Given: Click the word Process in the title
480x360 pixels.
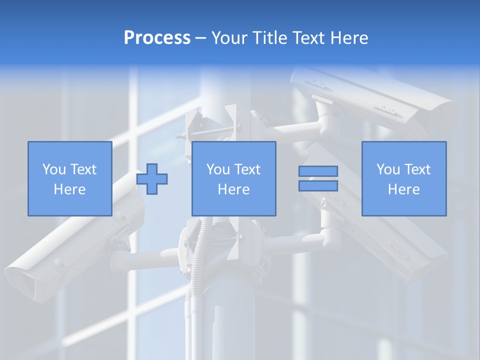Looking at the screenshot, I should tap(157, 37).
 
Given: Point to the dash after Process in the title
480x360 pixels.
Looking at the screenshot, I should tap(201, 38).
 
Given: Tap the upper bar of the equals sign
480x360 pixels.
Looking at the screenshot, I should tap(318, 171).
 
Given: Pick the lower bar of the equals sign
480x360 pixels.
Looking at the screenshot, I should tap(318, 185).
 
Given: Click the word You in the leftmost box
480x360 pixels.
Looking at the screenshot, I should tap(54, 169).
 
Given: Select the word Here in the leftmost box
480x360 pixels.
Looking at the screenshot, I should tap(69, 189).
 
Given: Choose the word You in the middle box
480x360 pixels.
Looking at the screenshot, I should tap(218, 169).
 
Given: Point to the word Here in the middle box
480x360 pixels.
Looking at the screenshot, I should tap(233, 189).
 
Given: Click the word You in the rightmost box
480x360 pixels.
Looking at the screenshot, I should tap(388, 169).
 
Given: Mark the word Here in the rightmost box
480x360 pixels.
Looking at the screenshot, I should tap(403, 189).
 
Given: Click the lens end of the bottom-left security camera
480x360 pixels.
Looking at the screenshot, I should tap(22, 282).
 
